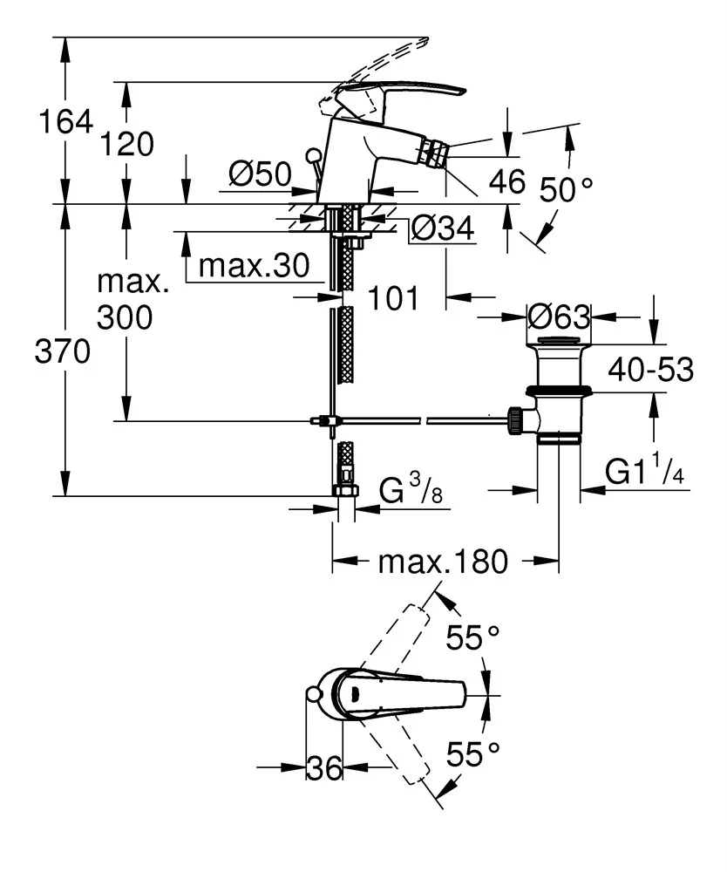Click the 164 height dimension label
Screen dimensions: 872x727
(65, 122)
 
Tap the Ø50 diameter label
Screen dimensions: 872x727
(259, 175)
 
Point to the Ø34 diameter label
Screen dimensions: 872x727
(442, 229)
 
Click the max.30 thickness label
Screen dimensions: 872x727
(254, 266)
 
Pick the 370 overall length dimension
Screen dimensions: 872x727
(62, 353)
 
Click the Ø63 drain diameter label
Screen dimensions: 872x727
(559, 316)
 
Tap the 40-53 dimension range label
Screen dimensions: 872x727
(650, 370)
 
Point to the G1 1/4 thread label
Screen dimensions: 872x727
(643, 473)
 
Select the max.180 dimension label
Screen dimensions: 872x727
(442, 562)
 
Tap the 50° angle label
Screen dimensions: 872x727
(566, 188)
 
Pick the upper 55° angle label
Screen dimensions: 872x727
(476, 638)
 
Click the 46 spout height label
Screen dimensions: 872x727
(507, 181)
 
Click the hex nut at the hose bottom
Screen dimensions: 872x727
(346, 489)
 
